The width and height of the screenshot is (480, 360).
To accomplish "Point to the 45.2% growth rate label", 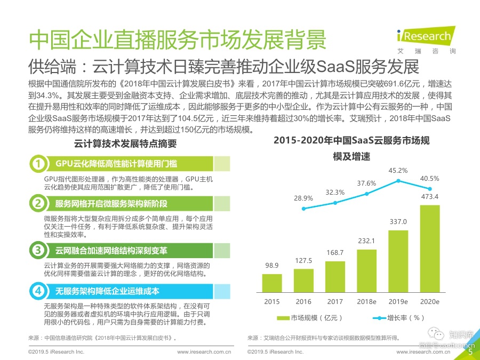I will (x=398, y=171).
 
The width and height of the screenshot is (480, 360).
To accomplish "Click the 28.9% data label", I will (x=303, y=198).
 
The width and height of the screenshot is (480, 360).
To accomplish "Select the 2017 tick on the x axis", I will (x=335, y=302).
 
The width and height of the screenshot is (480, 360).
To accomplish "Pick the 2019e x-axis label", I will (x=398, y=302).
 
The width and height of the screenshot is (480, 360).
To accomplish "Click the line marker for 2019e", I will (x=398, y=181).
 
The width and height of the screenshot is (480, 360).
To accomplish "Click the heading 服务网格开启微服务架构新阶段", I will (x=111, y=204).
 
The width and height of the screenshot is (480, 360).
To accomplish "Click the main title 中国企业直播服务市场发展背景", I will (x=177, y=41).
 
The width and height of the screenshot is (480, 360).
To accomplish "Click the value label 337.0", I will (x=398, y=222).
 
